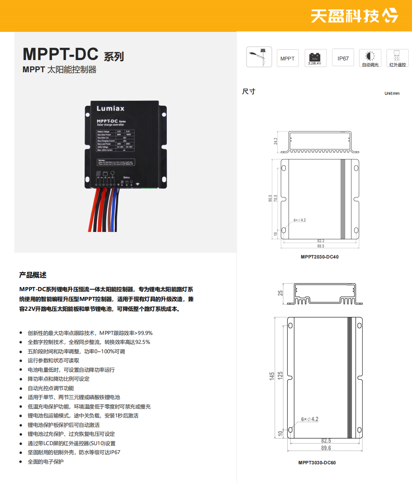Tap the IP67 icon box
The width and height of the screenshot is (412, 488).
(343, 58)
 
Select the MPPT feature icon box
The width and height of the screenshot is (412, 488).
(288, 58)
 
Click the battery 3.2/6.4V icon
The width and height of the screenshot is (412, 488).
(315, 58)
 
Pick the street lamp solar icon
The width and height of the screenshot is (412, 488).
(259, 57)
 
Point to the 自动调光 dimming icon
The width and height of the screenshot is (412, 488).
(370, 58)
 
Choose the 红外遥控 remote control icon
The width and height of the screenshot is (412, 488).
(397, 58)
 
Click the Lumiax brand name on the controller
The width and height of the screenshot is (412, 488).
(110, 109)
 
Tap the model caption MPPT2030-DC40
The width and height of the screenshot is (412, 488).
(320, 257)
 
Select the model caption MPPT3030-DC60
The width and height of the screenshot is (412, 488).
(317, 463)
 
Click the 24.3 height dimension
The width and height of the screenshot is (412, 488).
(275, 141)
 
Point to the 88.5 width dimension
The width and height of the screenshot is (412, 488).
(320, 246)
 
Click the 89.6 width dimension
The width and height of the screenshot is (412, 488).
(326, 448)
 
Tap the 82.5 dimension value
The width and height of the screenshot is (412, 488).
(326, 441)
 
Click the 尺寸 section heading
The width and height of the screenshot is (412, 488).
(249, 91)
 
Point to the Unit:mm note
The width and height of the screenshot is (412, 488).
(392, 94)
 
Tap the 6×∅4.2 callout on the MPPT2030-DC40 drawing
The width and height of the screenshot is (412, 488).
(299, 220)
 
